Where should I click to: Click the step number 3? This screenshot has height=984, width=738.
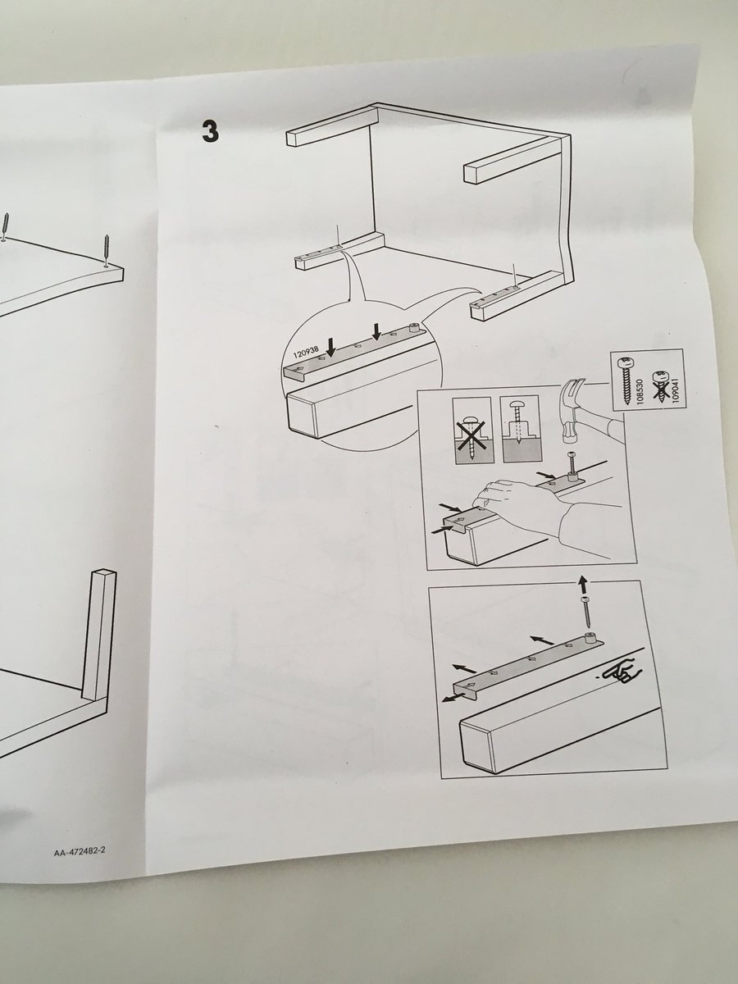tap(210, 131)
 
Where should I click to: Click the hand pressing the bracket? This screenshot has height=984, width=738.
tap(515, 498)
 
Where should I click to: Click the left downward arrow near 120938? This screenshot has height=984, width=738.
tap(331, 347)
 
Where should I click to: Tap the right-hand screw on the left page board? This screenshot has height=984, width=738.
tap(107, 251)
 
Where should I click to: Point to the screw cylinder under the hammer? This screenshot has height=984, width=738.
tap(573, 474)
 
